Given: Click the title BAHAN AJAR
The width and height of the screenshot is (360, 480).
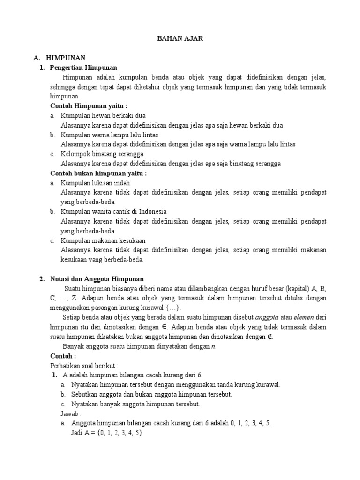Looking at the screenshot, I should click(180, 39).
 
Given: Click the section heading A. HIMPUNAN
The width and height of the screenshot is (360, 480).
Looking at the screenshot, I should click(60, 58).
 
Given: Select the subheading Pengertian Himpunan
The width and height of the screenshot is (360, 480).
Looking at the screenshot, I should click(83, 68).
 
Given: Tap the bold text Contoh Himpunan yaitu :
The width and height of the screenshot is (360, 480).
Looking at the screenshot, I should click(89, 106).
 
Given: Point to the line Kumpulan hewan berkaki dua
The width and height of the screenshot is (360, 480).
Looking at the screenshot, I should click(97, 116).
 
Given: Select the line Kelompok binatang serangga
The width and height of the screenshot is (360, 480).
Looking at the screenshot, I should click(102, 154).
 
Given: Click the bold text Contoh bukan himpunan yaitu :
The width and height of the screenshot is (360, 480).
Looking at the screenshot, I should click(98, 173).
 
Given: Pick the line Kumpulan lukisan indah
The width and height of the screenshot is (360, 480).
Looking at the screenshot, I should click(95, 183).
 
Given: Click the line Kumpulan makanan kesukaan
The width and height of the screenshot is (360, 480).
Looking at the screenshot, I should click(103, 240).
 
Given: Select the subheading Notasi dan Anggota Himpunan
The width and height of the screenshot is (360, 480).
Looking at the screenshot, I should click(97, 279).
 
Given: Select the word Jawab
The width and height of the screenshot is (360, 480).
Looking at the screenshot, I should click(71, 414).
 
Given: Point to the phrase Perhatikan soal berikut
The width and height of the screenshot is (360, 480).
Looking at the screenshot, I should click(84, 366).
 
